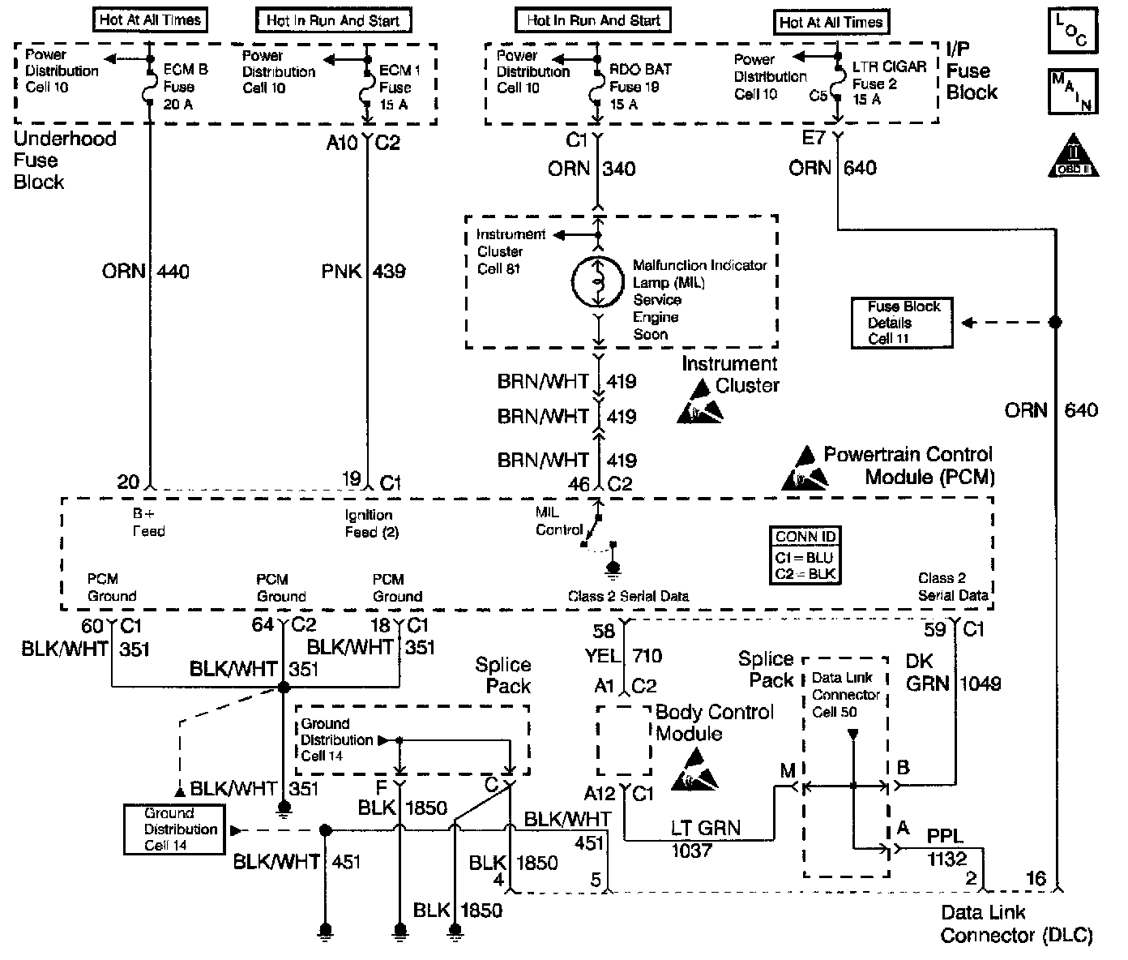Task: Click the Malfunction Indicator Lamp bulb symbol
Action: point(598,282)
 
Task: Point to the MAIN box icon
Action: point(1073,91)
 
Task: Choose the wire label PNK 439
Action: point(364,271)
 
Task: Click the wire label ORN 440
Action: point(146,271)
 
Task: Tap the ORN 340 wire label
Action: point(592,169)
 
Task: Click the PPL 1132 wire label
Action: point(946,846)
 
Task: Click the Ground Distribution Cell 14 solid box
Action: point(172,829)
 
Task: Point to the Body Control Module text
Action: point(713,722)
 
